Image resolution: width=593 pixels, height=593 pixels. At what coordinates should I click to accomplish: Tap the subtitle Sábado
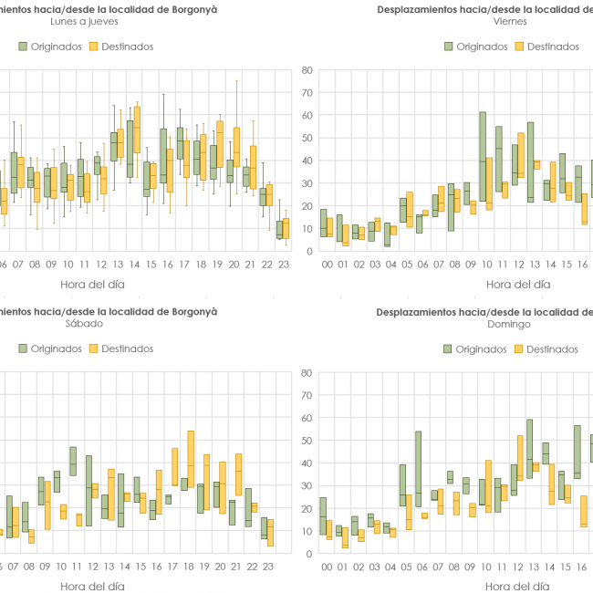click(x=83, y=323)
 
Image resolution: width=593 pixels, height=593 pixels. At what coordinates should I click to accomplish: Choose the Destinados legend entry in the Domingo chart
click(x=546, y=349)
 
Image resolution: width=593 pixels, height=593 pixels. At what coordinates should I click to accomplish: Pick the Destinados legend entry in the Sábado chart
click(x=121, y=349)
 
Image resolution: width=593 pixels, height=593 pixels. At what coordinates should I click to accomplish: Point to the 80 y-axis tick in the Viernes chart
click(x=307, y=69)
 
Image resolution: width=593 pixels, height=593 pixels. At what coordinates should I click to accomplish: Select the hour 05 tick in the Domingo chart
click(x=402, y=566)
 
